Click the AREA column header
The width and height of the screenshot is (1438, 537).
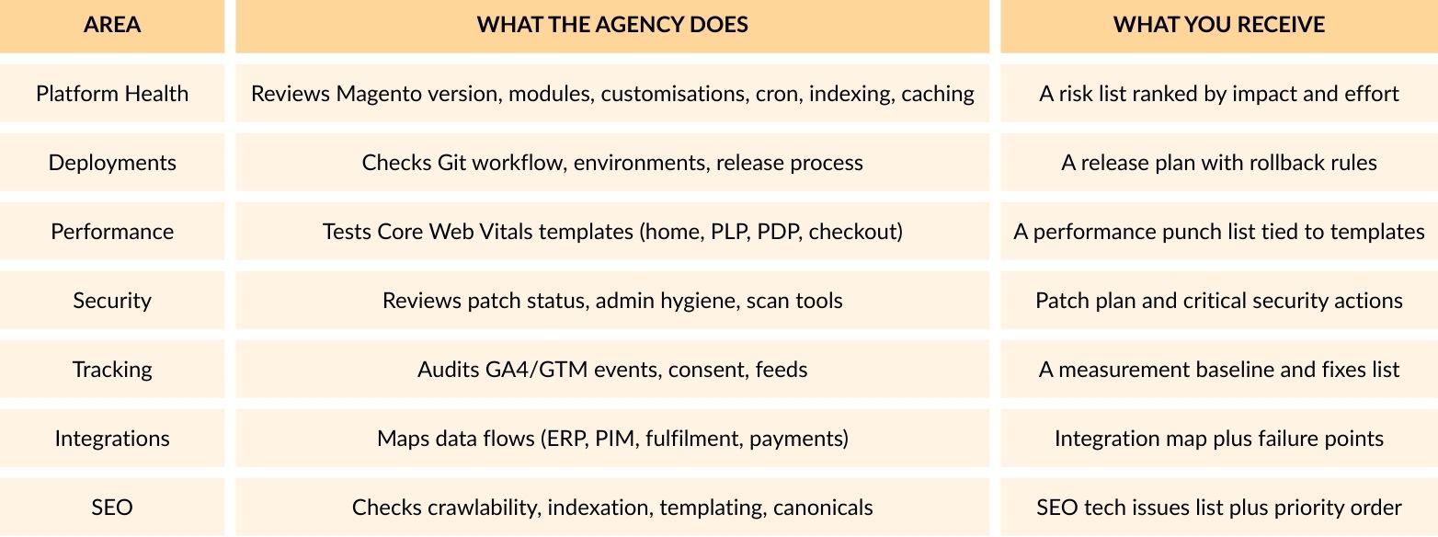112,25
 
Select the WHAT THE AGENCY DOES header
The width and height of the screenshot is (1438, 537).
612,25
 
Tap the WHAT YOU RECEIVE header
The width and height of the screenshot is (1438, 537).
1219,25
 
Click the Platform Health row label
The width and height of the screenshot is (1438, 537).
112,94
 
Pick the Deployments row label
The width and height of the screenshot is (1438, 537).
112,163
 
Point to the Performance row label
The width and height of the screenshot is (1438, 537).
112,232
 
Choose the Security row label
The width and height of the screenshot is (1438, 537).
112,301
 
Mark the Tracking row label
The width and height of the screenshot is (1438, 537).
112,370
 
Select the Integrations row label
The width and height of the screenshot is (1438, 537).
112,439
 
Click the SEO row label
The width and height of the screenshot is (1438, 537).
112,508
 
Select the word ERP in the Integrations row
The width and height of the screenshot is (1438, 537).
567,439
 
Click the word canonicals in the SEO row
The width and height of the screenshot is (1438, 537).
823,508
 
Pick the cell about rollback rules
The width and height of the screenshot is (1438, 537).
1219,163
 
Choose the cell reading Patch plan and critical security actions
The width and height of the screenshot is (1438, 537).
1219,301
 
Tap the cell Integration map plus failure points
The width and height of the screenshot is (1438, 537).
1219,439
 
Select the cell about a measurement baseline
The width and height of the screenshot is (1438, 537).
1219,370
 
